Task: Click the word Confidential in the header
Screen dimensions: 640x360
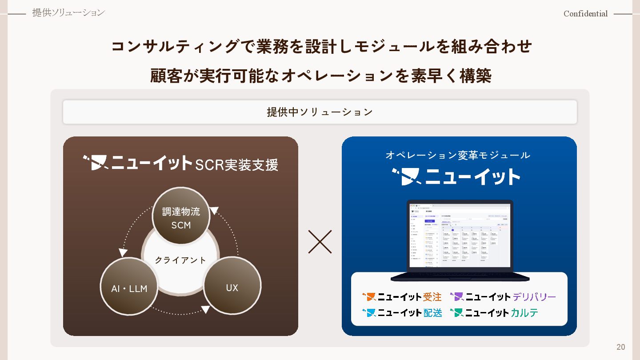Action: click(585, 14)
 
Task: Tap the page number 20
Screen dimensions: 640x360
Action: click(621, 347)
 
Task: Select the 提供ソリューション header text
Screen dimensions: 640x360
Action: click(68, 13)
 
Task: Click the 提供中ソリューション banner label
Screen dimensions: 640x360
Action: click(320, 112)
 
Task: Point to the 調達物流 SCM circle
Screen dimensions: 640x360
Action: click(181, 217)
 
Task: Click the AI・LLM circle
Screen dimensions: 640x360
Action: click(129, 288)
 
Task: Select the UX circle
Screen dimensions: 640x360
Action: click(232, 287)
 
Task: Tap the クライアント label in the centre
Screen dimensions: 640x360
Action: click(180, 260)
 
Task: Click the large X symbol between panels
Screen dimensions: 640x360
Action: click(320, 242)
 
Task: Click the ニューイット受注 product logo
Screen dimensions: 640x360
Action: click(402, 296)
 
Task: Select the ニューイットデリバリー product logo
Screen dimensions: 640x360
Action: click(503, 296)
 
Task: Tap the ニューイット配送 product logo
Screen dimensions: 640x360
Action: click(402, 312)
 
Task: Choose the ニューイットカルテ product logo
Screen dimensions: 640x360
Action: click(494, 312)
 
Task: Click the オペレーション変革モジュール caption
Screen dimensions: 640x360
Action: click(458, 155)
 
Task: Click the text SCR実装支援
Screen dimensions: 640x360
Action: click(236, 165)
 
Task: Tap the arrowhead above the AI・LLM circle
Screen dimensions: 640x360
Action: click(123, 252)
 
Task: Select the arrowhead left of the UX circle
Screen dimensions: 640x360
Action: click(205, 309)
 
